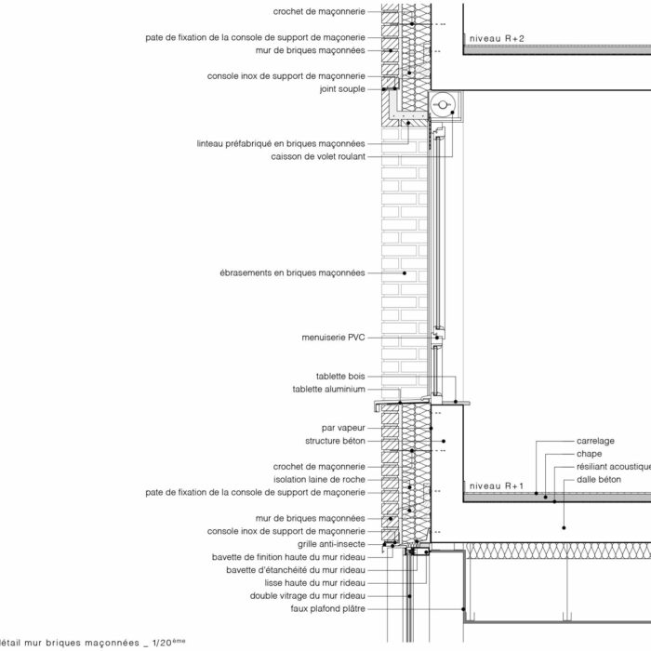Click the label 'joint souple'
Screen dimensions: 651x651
point(342,89)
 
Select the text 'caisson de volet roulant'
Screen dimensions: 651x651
point(318,156)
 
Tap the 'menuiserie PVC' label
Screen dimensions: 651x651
point(333,338)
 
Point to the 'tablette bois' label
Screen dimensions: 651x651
point(340,376)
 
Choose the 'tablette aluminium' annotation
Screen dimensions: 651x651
point(329,389)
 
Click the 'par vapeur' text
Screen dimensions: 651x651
point(343,428)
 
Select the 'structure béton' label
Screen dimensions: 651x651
point(335,441)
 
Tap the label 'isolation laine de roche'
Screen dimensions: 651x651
point(319,480)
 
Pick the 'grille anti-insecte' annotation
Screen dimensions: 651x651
point(331,544)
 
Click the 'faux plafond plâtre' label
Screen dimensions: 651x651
point(328,608)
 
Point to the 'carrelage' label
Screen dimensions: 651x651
point(595,441)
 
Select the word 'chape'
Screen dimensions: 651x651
point(589,454)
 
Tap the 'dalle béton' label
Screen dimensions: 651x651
point(599,480)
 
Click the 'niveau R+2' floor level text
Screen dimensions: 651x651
point(497,39)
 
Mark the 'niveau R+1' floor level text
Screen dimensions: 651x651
point(497,485)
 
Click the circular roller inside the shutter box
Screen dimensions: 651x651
point(443,104)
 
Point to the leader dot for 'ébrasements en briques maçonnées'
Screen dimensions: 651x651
point(405,273)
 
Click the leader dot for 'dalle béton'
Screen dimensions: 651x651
point(564,527)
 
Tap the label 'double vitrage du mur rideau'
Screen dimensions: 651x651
point(308,596)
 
